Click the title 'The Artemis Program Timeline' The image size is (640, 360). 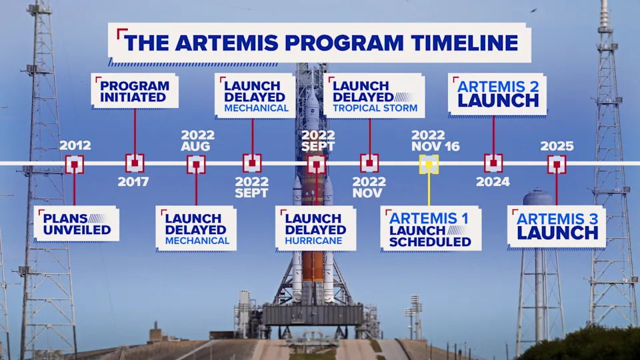pyautogui.click(x=320, y=43)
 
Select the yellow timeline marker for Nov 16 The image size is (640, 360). pyautogui.click(x=428, y=164)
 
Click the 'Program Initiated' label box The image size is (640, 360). pyautogui.click(x=134, y=91)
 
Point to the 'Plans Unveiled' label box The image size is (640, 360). pyautogui.click(x=77, y=224)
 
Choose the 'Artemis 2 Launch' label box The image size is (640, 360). pyautogui.click(x=497, y=94)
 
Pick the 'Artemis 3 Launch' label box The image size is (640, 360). pyautogui.click(x=557, y=227)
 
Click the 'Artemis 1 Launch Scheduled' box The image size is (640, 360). pyautogui.click(x=431, y=229)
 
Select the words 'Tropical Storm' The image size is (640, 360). pyautogui.click(x=375, y=108)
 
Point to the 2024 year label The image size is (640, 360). pyautogui.click(x=493, y=182)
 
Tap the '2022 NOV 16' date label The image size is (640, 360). pyautogui.click(x=435, y=141)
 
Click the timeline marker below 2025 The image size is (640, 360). pyautogui.click(x=557, y=164)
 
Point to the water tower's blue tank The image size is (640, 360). pyautogui.click(x=538, y=198)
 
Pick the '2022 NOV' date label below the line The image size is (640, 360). pyautogui.click(x=368, y=187)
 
